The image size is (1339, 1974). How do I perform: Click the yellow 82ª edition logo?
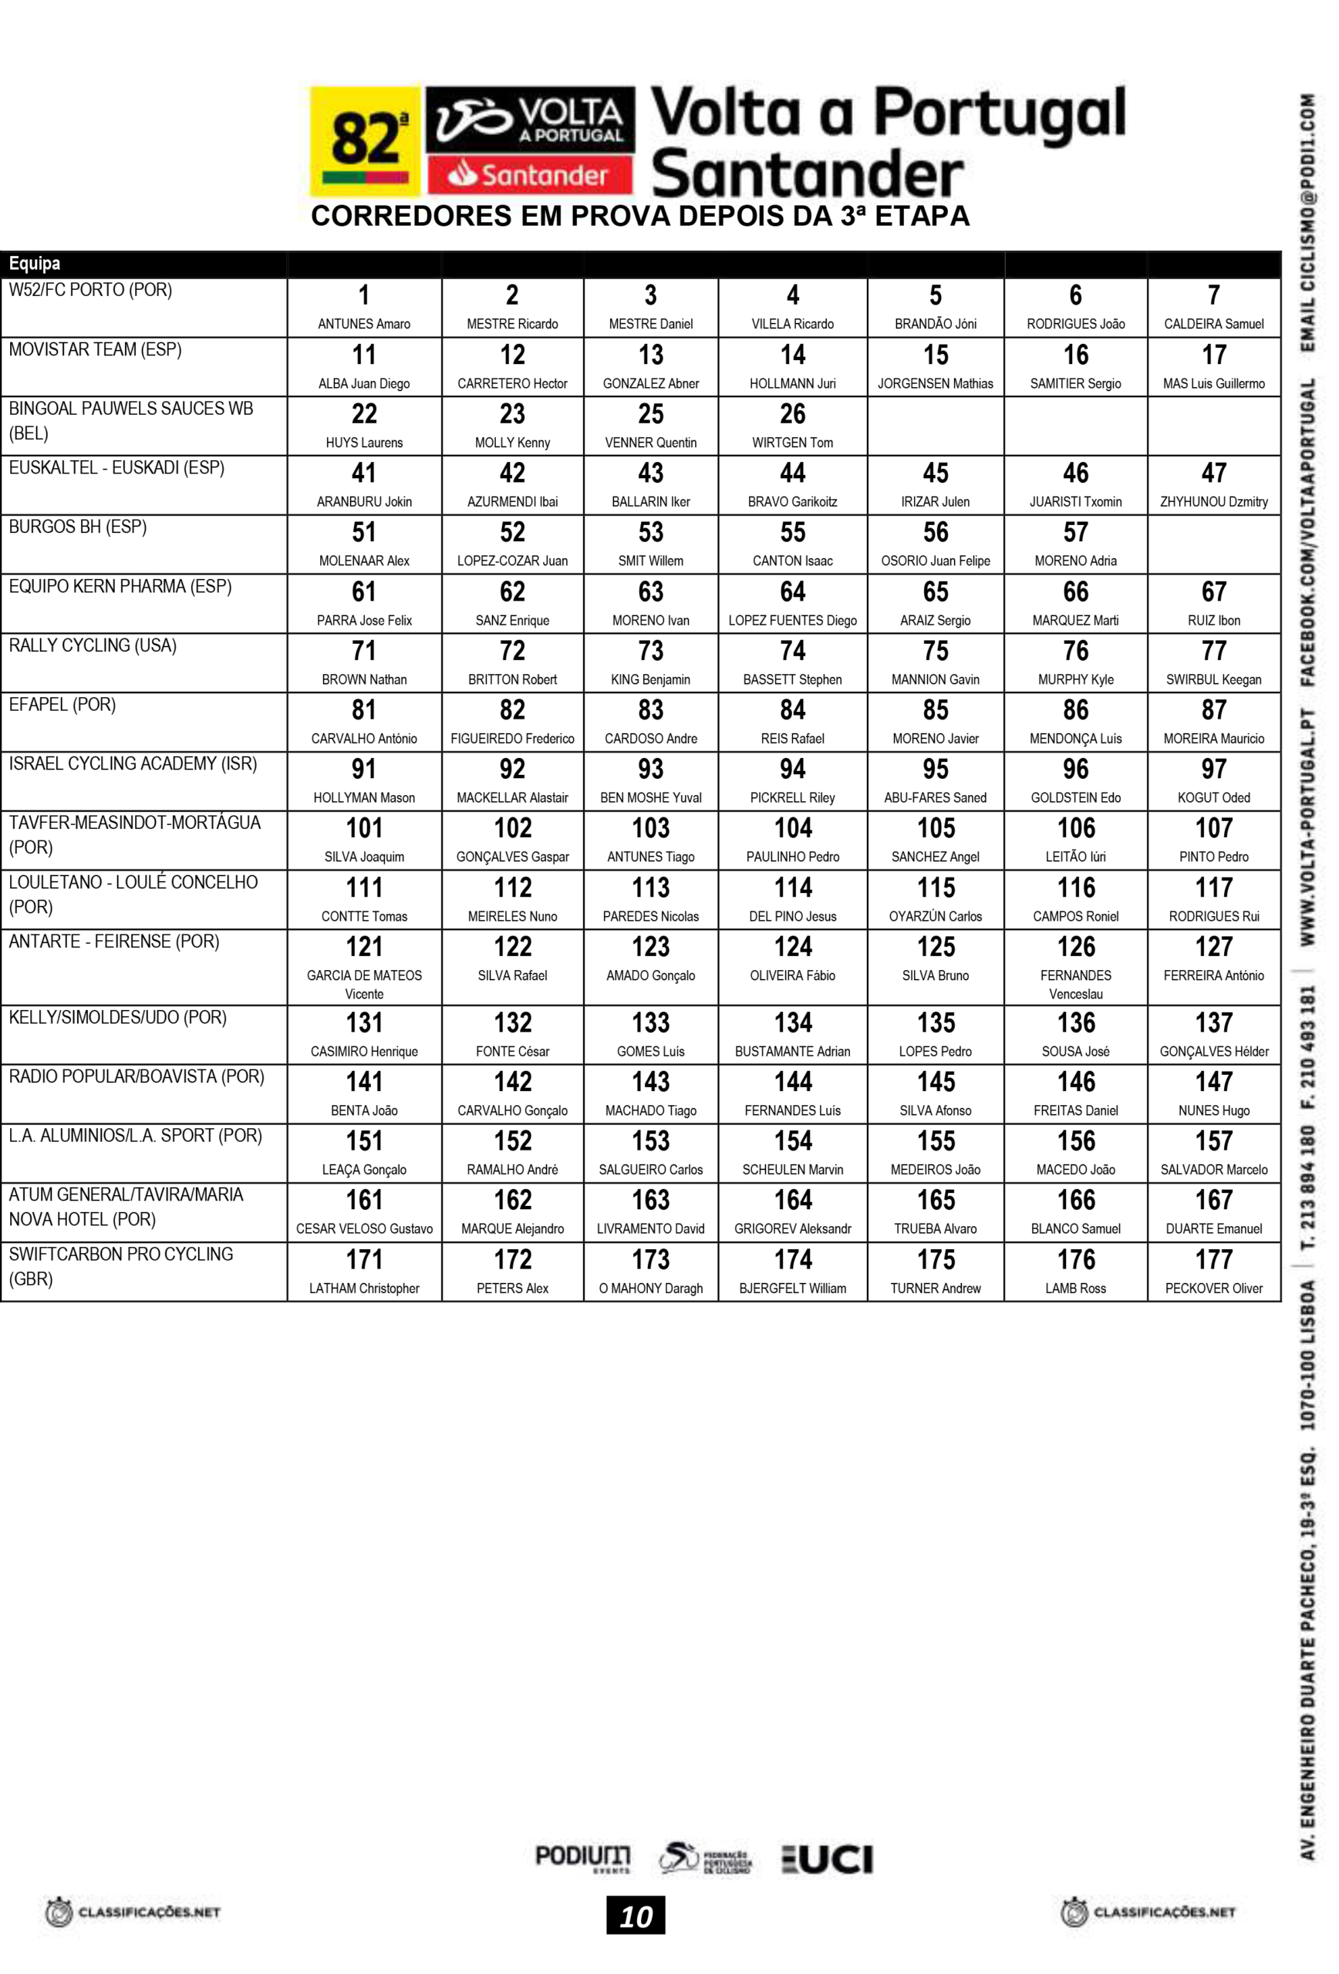pyautogui.click(x=365, y=141)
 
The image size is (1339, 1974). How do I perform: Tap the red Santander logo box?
pyautogui.click(x=530, y=175)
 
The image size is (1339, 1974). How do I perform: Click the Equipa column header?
pyautogui.click(x=35, y=263)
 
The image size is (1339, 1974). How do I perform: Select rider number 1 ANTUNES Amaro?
pyautogui.click(x=363, y=308)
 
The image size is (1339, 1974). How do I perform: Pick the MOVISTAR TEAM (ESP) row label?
pyautogui.click(x=95, y=350)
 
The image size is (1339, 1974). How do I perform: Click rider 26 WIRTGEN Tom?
pyautogui.click(x=792, y=426)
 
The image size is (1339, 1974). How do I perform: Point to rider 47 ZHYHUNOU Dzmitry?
pyautogui.click(x=1213, y=485)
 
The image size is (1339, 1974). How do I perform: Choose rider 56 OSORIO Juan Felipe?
pyautogui.click(x=935, y=544)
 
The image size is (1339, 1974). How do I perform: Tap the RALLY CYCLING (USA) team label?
pyautogui.click(x=93, y=645)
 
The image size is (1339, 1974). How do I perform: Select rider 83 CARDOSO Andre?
pyautogui.click(x=651, y=722)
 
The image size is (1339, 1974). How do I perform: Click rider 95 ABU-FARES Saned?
pyautogui.click(x=935, y=780)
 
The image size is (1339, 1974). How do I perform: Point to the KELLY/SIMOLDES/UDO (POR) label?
pyautogui.click(x=117, y=1018)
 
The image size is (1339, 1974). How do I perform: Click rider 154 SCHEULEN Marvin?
pyautogui.click(x=792, y=1153)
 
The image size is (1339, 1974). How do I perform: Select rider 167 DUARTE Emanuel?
pyautogui.click(x=1213, y=1212)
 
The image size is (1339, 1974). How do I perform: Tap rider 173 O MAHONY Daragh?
pyautogui.click(x=651, y=1272)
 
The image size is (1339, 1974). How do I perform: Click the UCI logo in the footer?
pyautogui.click(x=828, y=1860)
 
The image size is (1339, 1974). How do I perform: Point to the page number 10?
pyautogui.click(x=636, y=1917)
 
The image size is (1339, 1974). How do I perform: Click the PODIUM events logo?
pyautogui.click(x=583, y=1858)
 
